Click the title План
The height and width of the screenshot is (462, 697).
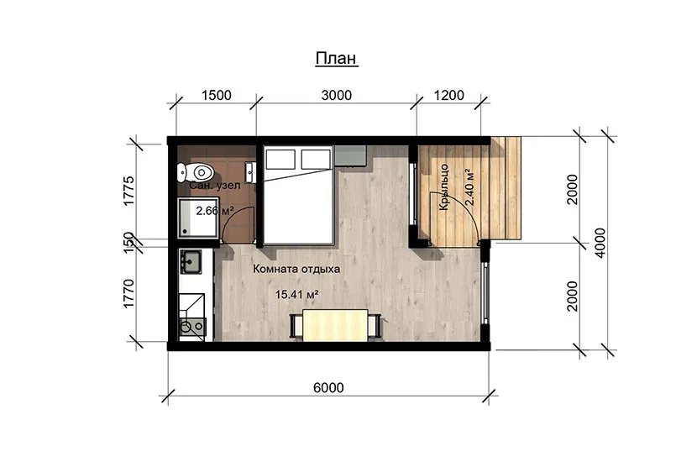click(337, 58)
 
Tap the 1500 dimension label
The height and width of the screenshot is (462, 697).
click(217, 95)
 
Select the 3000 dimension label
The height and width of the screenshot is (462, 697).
click(337, 95)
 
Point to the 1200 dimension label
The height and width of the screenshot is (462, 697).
click(449, 95)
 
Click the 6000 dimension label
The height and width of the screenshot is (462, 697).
click(328, 388)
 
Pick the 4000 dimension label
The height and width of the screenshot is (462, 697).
click(600, 243)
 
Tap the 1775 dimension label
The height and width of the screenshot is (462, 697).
click(128, 191)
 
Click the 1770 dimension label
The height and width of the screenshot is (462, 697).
click(128, 293)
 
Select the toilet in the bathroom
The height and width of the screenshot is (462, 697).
click(196, 172)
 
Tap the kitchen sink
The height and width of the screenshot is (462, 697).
click(191, 261)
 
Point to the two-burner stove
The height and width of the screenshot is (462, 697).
click(192, 327)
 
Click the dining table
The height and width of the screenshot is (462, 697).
click(335, 325)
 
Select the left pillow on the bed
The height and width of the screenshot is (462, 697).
click(280, 160)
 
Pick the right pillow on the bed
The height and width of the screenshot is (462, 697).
click(316, 160)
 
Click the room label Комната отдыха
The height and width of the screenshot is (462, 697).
click(296, 269)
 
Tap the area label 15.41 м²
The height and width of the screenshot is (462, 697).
click(296, 294)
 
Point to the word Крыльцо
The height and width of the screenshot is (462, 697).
click(444, 187)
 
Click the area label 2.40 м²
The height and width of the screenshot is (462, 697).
click(469, 186)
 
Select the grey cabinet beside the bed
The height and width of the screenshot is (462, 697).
click(350, 156)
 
